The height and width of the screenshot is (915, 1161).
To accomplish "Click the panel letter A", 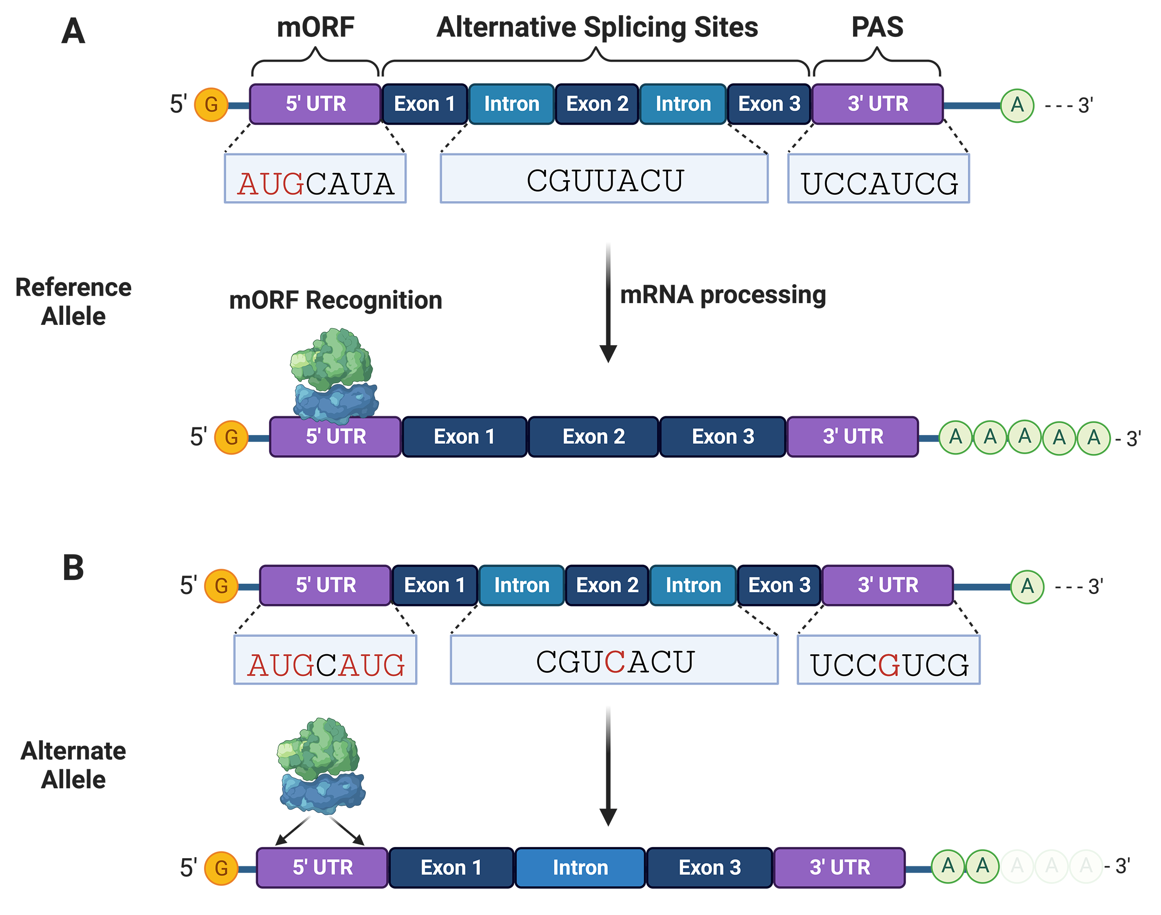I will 73,31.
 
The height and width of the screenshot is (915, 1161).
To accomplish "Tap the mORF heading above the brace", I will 316,27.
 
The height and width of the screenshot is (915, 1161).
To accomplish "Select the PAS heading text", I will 877,27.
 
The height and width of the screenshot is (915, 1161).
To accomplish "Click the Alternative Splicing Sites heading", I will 597,27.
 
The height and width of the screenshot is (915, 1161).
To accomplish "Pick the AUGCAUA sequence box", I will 315,179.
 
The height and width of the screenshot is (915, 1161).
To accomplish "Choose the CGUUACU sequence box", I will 604,179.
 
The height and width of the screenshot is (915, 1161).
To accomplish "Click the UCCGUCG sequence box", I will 888,660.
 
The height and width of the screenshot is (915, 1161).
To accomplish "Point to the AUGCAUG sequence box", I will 325,660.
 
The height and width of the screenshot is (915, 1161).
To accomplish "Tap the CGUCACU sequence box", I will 614,660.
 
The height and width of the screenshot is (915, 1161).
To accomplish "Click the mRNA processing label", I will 723,295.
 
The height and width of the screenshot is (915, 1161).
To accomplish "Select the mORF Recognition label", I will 335,300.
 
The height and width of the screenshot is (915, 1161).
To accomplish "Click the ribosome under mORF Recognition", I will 334,375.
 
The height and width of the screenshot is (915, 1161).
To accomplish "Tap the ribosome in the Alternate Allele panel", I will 321,765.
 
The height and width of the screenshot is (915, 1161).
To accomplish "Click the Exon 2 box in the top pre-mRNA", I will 597,104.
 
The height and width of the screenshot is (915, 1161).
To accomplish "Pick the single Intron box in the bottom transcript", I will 580,867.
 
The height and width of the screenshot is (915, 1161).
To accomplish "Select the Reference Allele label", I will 73,302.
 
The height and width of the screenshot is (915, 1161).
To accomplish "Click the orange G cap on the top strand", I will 211,104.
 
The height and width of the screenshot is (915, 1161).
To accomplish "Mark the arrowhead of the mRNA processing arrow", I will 608,354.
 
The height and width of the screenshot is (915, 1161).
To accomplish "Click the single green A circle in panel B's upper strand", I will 1027,587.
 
